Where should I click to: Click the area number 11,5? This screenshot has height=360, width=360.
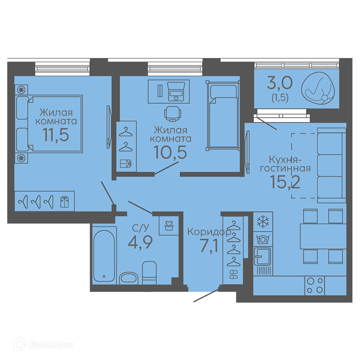[x=56, y=135]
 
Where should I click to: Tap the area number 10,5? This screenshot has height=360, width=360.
[x=170, y=152]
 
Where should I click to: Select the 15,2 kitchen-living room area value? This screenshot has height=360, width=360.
[x=285, y=182]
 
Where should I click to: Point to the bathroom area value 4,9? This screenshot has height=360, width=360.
[x=140, y=242]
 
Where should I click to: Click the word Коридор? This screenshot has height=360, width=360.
[x=209, y=232]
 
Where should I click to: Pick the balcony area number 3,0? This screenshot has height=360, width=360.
[x=280, y=83]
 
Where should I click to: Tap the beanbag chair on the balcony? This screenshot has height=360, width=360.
[x=318, y=89]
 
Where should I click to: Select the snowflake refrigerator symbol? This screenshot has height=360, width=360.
[x=263, y=222]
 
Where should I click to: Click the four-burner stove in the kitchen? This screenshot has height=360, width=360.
[x=315, y=286]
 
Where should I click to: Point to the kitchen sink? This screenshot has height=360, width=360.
[x=262, y=256]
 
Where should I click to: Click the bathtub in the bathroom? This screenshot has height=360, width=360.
[x=104, y=256]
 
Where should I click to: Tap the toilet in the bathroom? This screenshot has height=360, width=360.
[x=149, y=273]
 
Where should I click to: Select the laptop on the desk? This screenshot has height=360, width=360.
[x=176, y=91]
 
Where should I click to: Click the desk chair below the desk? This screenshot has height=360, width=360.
[x=173, y=114]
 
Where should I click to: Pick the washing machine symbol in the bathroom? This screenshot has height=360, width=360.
[x=169, y=225]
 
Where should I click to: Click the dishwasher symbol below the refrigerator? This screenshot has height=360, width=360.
[x=263, y=239]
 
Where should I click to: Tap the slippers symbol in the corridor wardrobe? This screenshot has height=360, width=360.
[x=234, y=274]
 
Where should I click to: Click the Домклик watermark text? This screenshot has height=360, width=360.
[x=51, y=345]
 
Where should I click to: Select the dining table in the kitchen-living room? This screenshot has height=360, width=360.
[x=323, y=236]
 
